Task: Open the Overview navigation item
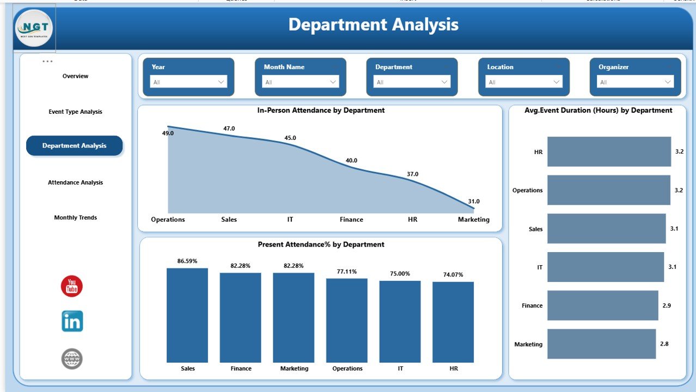75,76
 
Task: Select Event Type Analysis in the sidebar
75,112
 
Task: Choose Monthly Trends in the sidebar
75,218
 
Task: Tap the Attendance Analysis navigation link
75,182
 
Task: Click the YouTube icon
72,286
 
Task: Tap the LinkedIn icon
72,321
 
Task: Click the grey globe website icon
72,359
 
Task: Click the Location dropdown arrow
557,82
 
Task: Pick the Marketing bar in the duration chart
601,344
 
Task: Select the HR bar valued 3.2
609,151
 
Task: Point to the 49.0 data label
168,133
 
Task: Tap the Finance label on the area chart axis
351,219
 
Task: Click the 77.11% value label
347,271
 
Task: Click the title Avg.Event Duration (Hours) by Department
598,110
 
